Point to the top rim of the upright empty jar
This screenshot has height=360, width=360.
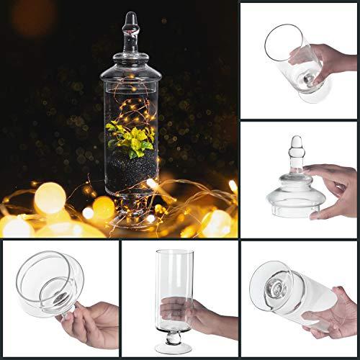176,253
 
